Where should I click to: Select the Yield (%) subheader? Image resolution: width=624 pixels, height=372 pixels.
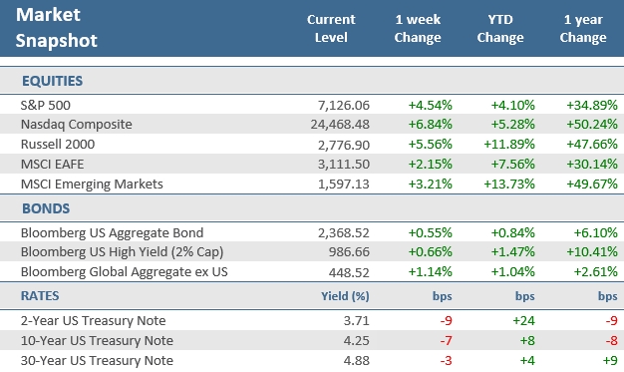click(347, 297)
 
